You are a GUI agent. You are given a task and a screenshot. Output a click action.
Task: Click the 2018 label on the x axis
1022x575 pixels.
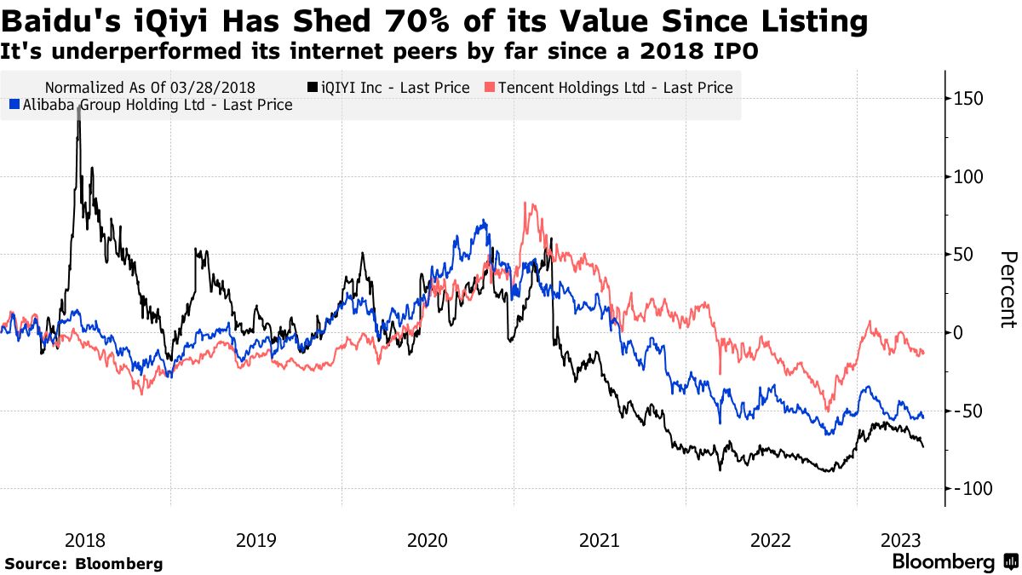[x=85, y=540]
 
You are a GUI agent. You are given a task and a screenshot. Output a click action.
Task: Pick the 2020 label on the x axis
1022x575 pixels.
[x=428, y=540]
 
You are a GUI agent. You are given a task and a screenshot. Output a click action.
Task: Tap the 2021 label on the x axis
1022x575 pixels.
[x=599, y=540]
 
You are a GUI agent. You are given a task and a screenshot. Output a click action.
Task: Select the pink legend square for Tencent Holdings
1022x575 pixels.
[x=490, y=87]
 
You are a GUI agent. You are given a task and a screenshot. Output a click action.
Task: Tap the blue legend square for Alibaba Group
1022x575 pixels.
[x=13, y=105]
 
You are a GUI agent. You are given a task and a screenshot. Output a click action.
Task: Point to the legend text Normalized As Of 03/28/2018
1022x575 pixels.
[x=150, y=87]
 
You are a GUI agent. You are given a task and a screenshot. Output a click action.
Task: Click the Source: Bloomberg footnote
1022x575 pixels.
[x=83, y=563]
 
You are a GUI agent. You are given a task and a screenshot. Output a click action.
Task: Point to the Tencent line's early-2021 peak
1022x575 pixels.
[x=526, y=204]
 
